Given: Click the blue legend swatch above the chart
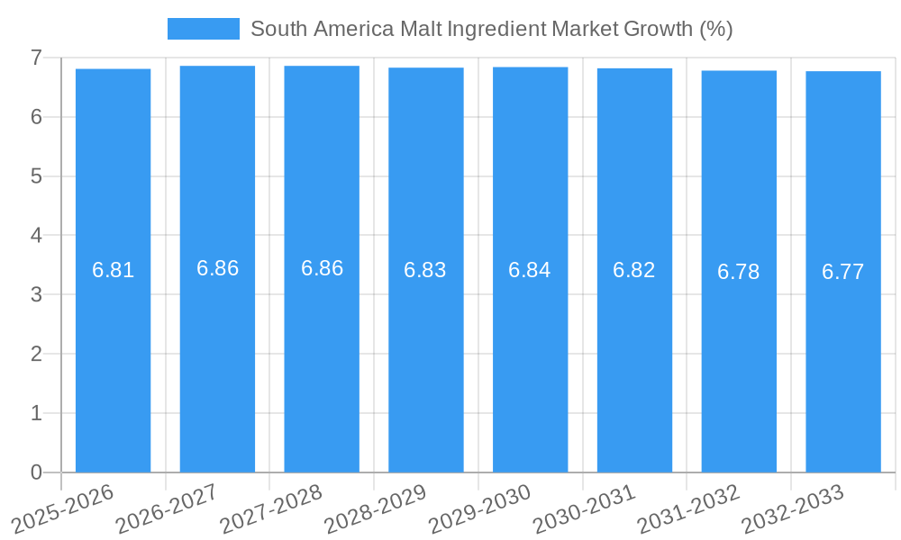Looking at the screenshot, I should [203, 29].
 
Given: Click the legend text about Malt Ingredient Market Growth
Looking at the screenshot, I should [491, 29].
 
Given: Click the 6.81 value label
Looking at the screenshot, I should [113, 270].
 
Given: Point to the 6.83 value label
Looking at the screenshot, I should [425, 270].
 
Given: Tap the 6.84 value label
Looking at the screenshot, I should [530, 270].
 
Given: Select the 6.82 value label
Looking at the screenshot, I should [634, 270].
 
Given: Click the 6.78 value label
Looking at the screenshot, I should [739, 272].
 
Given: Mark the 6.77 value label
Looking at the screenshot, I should [843, 272].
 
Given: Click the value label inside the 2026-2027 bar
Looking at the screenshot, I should [217, 268].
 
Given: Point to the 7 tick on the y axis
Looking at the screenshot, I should [36, 58].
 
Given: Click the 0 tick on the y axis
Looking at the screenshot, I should [36, 472].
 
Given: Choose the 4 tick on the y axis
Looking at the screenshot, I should [36, 236].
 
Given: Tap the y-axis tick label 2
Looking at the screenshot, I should [36, 354].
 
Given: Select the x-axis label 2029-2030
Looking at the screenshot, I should [480, 508].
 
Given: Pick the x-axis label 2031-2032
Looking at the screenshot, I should [689, 508].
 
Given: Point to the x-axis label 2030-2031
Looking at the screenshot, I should [585, 508].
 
